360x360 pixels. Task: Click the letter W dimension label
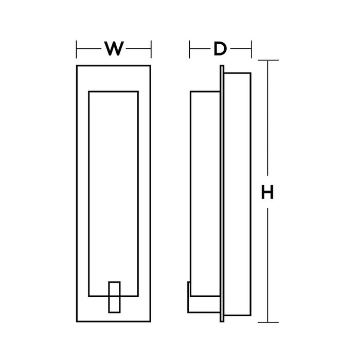pos(114,49)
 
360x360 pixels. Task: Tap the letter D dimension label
pos(220,49)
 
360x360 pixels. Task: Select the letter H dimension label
pos(267,193)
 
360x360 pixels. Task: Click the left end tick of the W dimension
pos(77,49)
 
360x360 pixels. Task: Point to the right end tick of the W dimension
pos(151,49)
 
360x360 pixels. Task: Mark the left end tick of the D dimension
pos(190,49)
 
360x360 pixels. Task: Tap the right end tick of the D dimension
pos(251,49)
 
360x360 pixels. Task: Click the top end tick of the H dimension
pos(267,60)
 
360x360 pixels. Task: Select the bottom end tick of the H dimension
pos(267,322)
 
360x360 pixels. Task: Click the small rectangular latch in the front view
pos(114,296)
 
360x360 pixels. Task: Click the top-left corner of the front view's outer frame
pos(77,66)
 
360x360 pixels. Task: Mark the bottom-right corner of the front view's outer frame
pos(151,322)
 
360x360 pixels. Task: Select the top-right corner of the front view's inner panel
pos(138,92)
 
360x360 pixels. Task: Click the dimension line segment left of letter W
pos(88,49)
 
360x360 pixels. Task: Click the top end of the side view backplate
pos(222,66)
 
